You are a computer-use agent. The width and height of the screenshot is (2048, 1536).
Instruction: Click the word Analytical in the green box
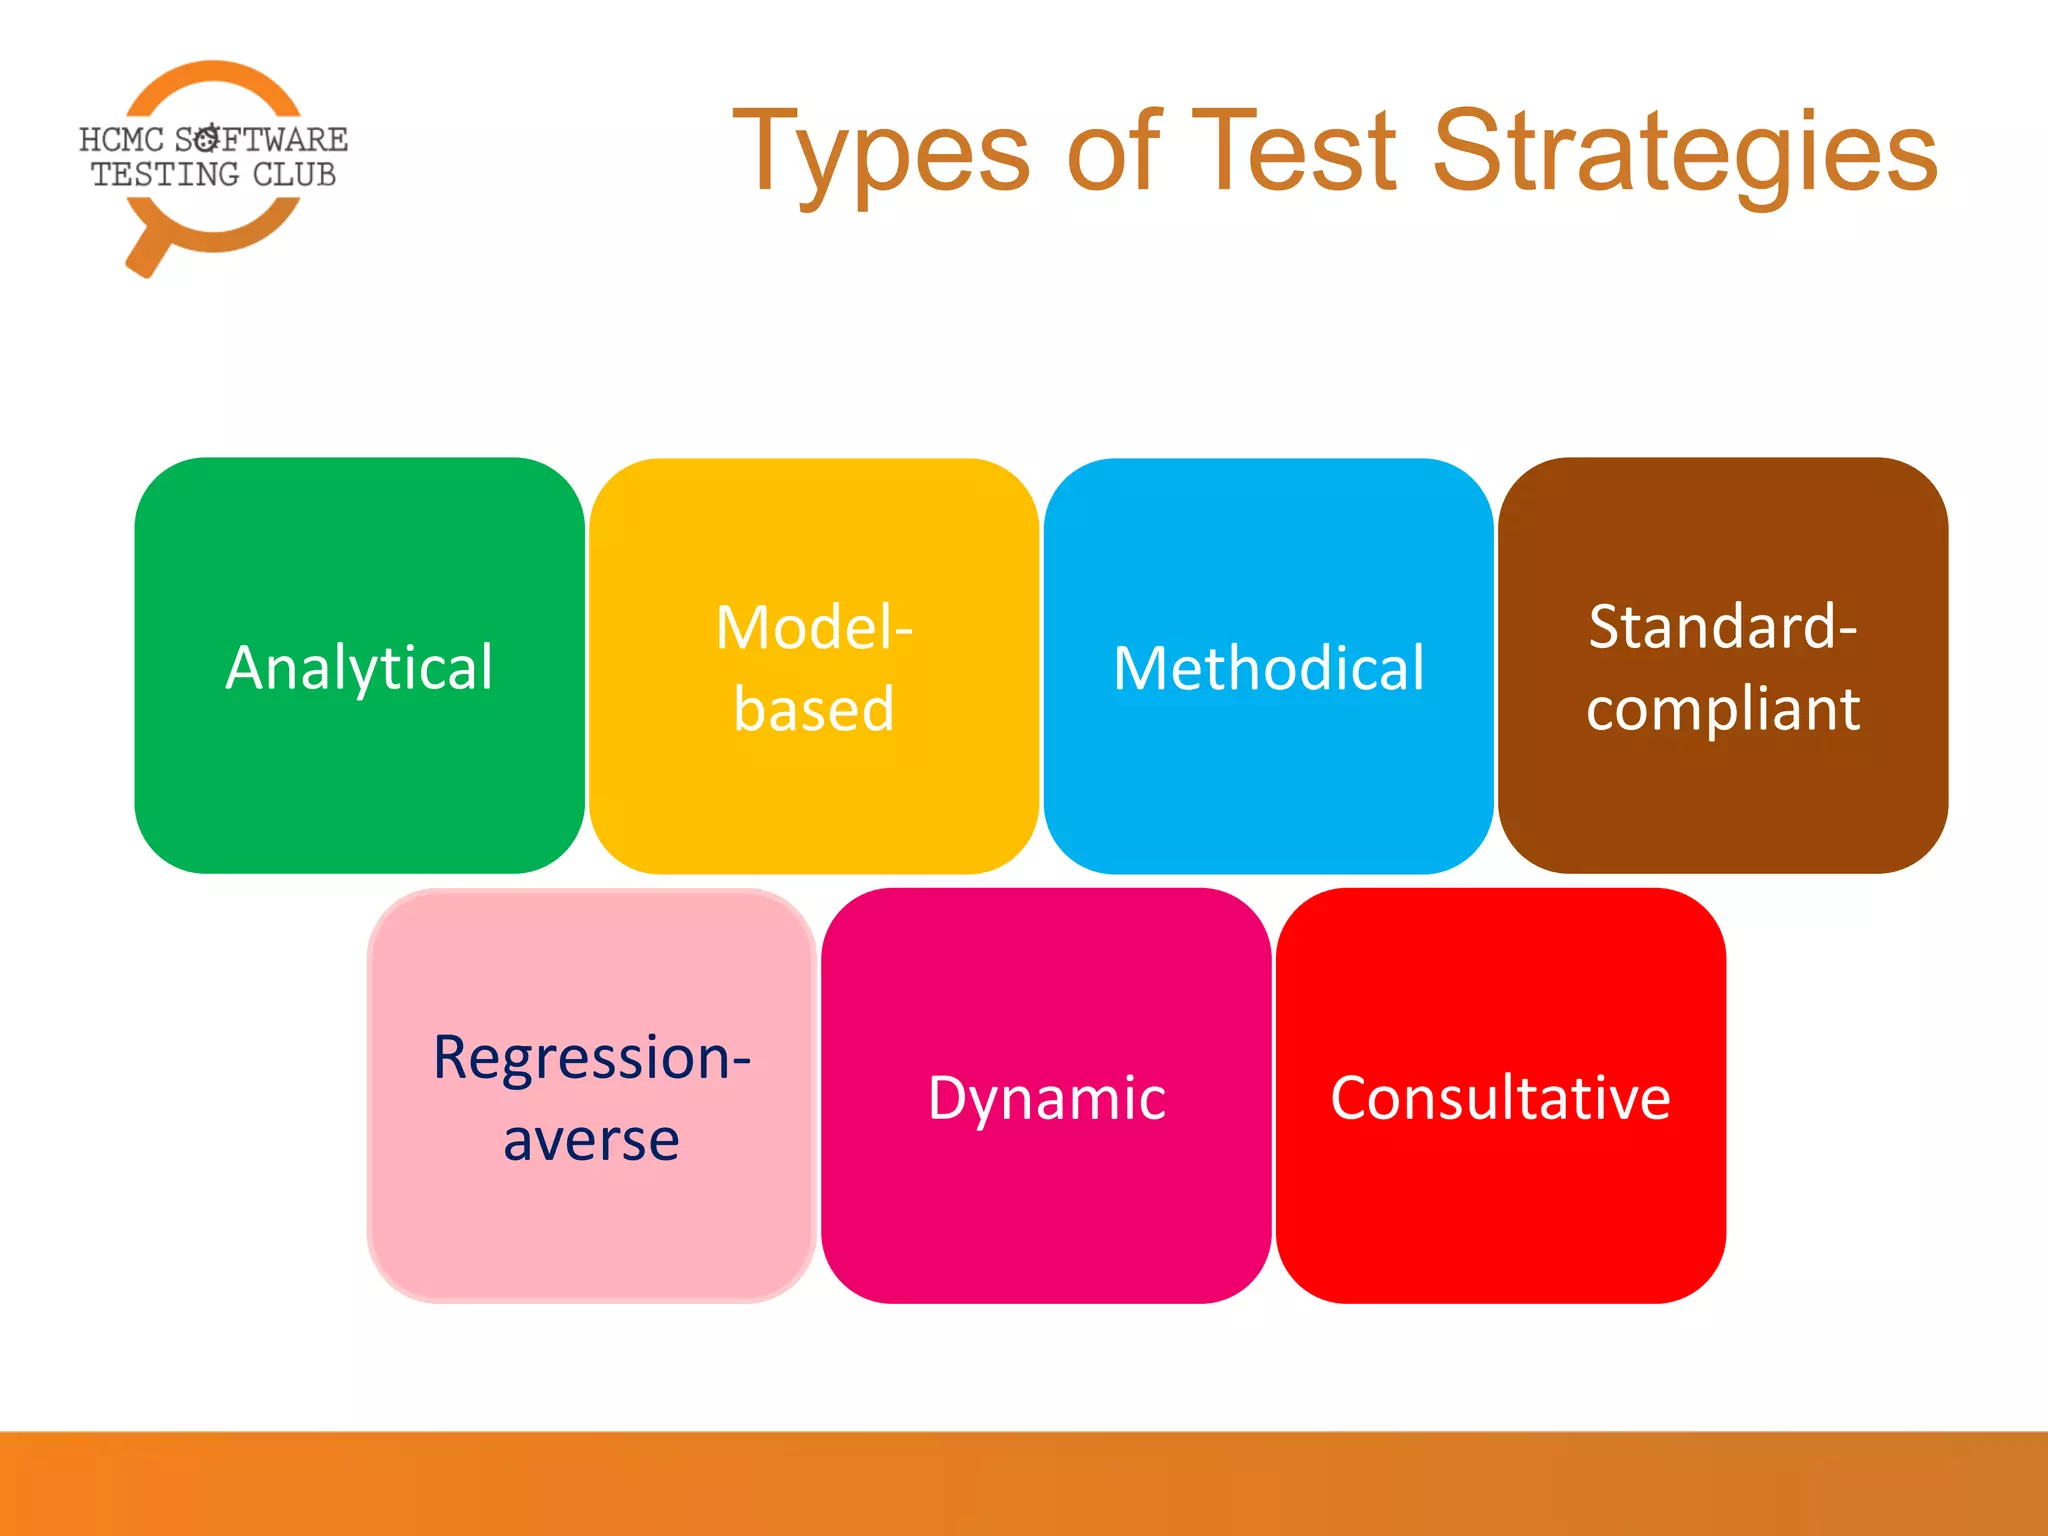359,668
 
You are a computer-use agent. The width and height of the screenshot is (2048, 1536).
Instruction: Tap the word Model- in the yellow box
813,628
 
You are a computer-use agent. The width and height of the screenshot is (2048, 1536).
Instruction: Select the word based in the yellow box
813,709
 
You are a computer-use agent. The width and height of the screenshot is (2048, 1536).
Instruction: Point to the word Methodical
1268,668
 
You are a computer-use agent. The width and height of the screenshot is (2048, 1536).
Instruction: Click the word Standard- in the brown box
1722,627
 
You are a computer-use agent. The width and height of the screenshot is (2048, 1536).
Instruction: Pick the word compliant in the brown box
1722,709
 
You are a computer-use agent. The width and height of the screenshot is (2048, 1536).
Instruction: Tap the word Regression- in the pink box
591,1057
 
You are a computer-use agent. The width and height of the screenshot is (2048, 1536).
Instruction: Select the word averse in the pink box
591,1139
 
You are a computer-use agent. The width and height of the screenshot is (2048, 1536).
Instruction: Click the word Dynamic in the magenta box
1046,1098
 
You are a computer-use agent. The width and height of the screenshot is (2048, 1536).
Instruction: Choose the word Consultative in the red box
1500,1098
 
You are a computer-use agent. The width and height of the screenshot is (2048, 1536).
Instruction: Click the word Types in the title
881,155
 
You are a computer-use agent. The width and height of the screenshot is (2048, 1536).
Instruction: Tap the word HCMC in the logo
121,139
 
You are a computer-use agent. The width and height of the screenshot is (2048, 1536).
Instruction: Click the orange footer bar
1024,1484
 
